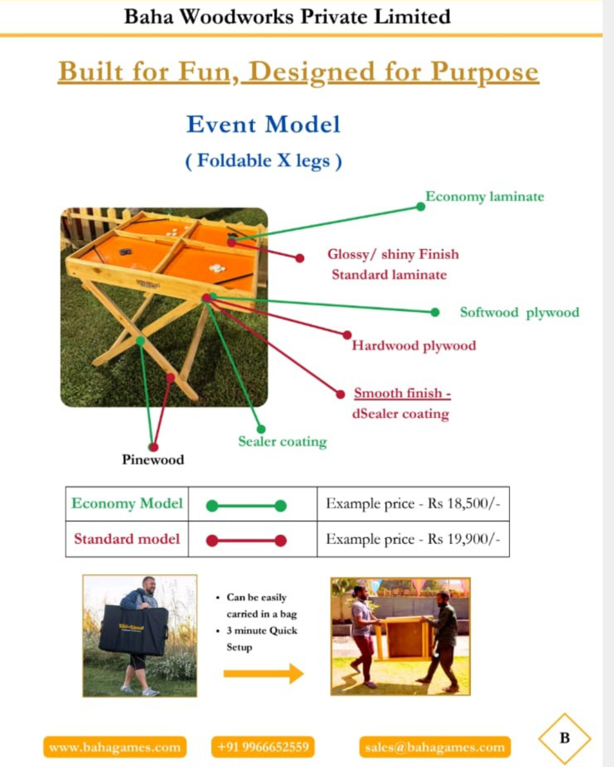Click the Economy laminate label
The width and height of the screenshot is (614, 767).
coord(484,197)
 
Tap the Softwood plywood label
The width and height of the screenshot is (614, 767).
coord(520,312)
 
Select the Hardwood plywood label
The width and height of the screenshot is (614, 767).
coord(414,346)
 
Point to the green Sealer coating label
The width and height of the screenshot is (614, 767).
coord(283,441)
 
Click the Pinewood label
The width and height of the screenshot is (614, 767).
coord(153,460)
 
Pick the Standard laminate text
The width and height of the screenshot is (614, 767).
coord(389,275)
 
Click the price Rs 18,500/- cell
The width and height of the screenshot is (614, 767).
coord(413,503)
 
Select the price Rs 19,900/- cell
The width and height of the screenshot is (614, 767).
coord(413,539)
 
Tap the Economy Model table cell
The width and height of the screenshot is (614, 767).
coord(127,503)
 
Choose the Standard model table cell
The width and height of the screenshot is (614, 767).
coord(127,539)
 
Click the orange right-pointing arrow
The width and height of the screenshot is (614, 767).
coord(264,674)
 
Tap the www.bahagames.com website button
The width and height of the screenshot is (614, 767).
coord(115,747)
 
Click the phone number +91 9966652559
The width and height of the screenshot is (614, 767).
coord(263,747)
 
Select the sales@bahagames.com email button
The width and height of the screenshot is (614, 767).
coord(435,747)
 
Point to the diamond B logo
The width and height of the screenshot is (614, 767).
coord(565,739)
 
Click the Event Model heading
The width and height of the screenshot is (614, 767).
coord(264,124)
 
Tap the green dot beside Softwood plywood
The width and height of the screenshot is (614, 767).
coord(435,312)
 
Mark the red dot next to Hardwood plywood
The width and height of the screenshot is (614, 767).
coord(347,335)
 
